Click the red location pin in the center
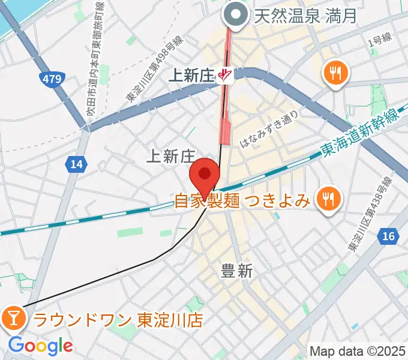click(x=205, y=176)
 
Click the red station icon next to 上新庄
click(x=225, y=76)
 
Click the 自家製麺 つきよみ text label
click(x=242, y=199)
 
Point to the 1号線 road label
click(x=379, y=40)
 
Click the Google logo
click(x=40, y=346)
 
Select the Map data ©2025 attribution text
click(x=357, y=351)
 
